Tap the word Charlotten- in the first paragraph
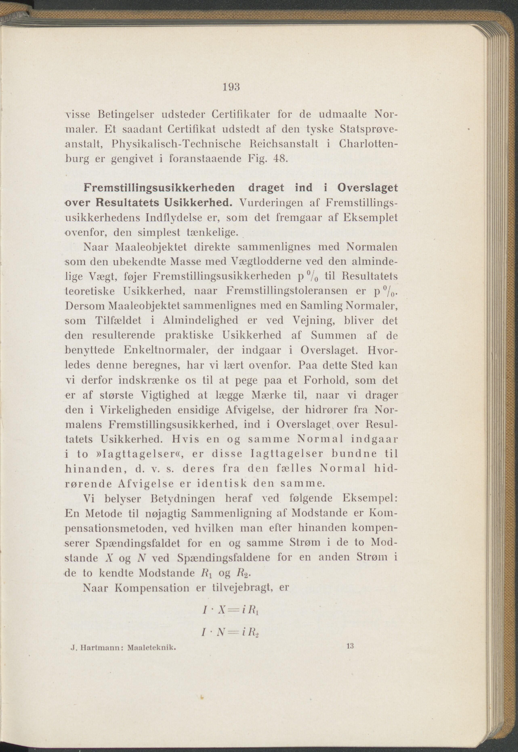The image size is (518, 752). [x=369, y=144]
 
